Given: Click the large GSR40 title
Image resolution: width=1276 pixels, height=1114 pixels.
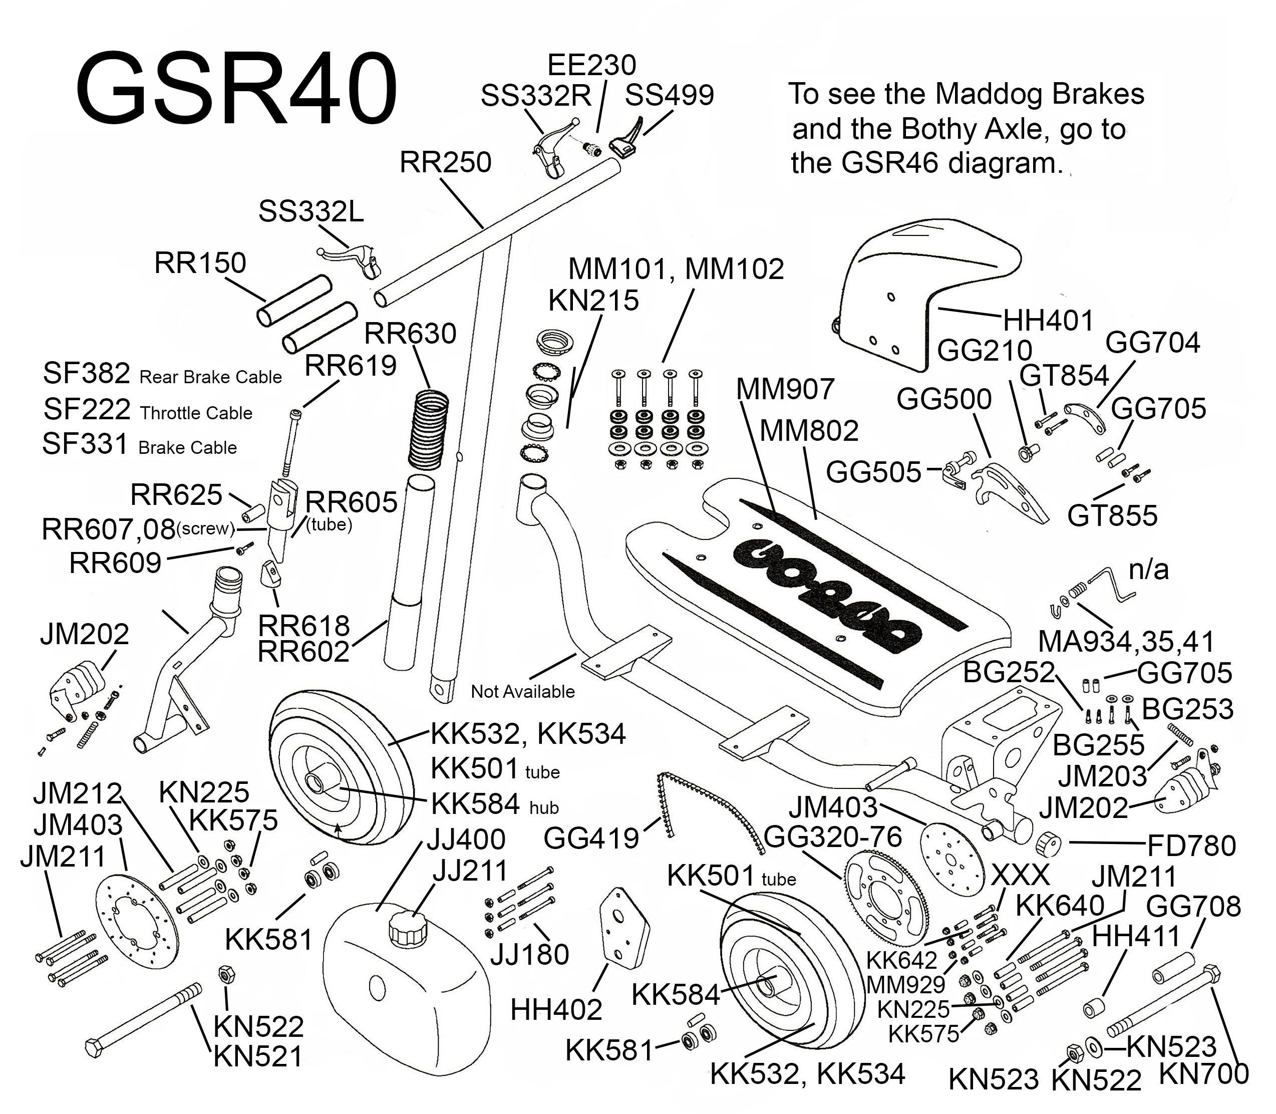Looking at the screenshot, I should [236, 91].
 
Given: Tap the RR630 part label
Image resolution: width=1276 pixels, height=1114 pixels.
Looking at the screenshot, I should [410, 334].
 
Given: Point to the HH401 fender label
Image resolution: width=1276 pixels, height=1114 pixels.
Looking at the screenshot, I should [1048, 321].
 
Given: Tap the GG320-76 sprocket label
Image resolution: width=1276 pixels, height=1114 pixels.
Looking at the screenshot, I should [832, 838].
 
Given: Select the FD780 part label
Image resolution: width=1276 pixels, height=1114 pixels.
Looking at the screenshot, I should [1191, 846].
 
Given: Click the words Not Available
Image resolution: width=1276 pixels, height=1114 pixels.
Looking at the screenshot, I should [522, 691].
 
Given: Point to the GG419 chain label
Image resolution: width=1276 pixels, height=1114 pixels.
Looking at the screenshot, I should [590, 839].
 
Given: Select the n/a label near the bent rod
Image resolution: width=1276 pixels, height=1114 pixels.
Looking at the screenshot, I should [1149, 570].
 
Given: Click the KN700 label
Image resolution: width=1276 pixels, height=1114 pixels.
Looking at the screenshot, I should [1204, 1073].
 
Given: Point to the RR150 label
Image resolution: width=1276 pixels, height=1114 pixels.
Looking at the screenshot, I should [200, 263].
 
